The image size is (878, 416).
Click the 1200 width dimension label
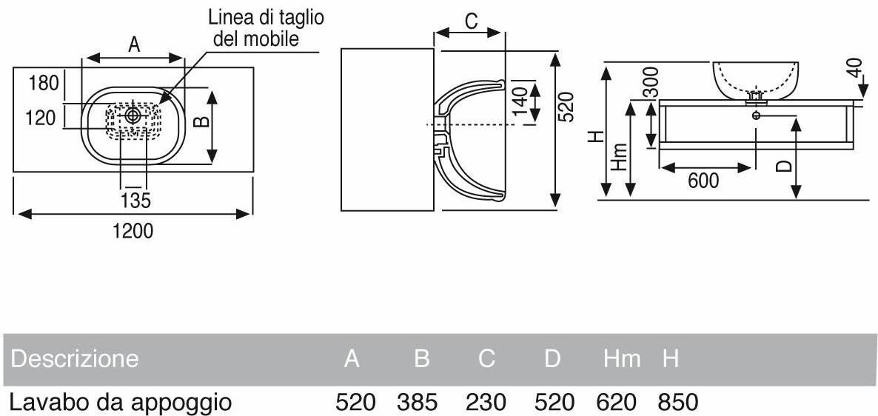point(133,231)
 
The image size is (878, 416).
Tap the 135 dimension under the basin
point(136,200)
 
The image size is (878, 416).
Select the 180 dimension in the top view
point(44,83)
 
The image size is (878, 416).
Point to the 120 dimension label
point(41,118)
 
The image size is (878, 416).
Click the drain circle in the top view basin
point(133,115)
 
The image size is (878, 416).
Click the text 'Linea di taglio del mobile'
point(255,28)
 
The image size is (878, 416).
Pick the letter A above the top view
point(134,45)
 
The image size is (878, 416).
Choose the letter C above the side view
point(471,21)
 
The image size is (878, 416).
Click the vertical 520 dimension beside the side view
point(566,107)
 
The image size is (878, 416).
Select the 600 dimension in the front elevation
point(703,180)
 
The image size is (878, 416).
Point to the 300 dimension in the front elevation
point(651,82)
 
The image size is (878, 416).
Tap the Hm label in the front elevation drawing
point(620,157)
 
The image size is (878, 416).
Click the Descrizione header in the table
point(75,359)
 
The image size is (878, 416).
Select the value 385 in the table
point(417,403)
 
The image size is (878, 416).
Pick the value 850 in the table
point(677,403)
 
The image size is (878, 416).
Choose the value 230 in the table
point(486,403)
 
